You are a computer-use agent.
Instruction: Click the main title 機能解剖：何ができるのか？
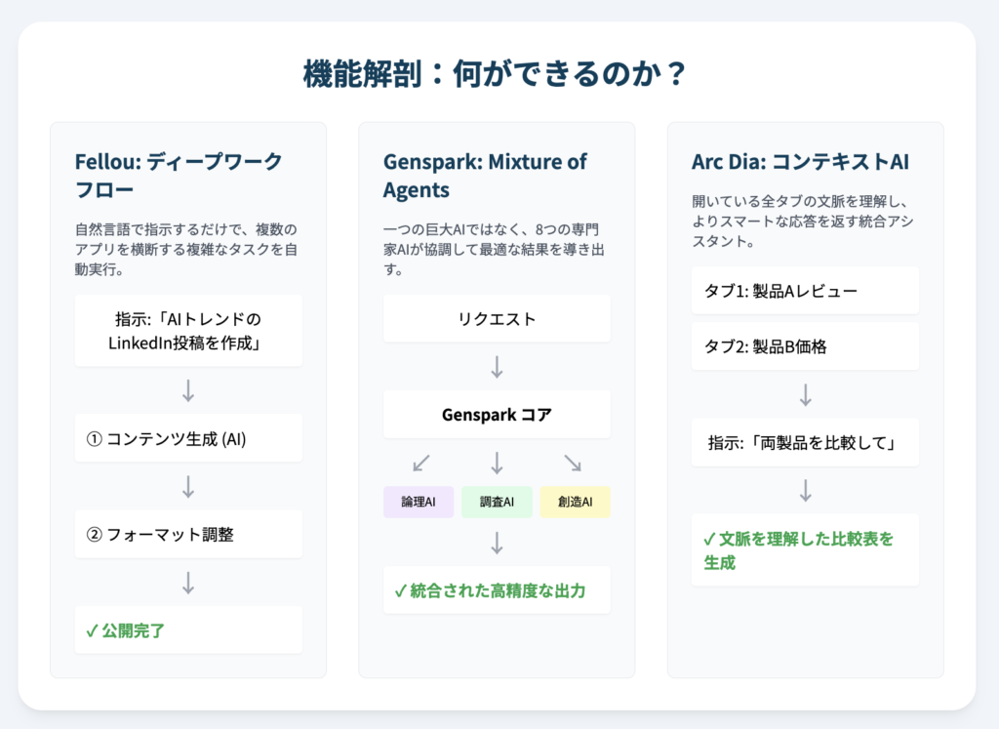pyautogui.click(x=495, y=73)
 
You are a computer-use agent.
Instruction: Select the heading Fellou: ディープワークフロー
pyautogui.click(x=179, y=176)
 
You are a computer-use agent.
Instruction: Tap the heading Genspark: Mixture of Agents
pyautogui.click(x=485, y=176)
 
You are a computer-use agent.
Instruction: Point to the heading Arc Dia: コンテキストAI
pyautogui.click(x=800, y=162)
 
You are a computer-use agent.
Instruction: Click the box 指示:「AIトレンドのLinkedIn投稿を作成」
pyautogui.click(x=188, y=331)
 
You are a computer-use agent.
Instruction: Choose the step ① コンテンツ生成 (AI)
pyautogui.click(x=188, y=438)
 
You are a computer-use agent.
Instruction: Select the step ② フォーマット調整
pyautogui.click(x=188, y=534)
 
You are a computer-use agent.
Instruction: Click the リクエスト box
pyautogui.click(x=497, y=318)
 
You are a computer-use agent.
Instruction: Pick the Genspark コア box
pyautogui.click(x=497, y=415)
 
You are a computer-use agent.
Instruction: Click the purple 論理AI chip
pyautogui.click(x=419, y=502)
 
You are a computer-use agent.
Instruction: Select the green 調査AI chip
pyautogui.click(x=497, y=502)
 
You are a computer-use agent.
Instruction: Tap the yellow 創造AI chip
pyautogui.click(x=576, y=502)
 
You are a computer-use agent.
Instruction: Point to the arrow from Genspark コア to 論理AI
pyautogui.click(x=421, y=464)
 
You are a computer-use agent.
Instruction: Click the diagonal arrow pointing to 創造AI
pyautogui.click(x=573, y=464)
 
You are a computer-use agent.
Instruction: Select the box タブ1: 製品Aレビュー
pyautogui.click(x=805, y=291)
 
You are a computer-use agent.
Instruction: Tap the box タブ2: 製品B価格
pyautogui.click(x=805, y=346)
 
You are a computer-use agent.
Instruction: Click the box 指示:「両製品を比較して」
pyautogui.click(x=805, y=442)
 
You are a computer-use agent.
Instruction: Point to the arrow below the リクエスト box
pyautogui.click(x=497, y=367)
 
